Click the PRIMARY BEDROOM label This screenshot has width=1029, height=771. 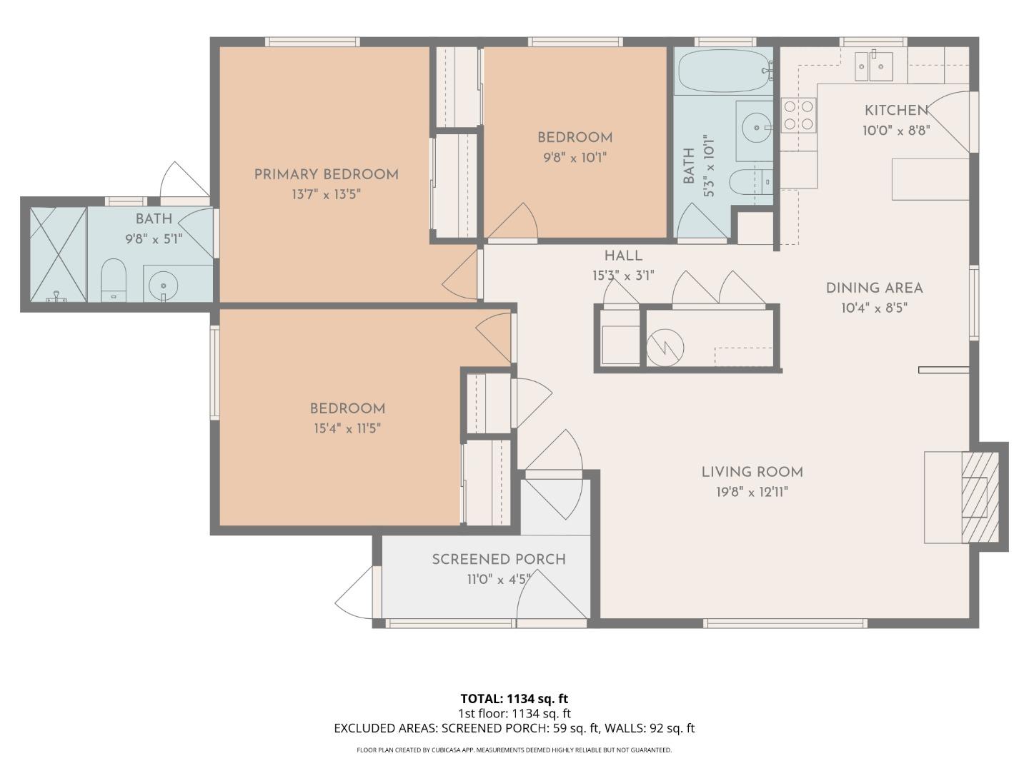326,174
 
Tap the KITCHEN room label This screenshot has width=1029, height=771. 896,110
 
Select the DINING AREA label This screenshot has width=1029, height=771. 874,288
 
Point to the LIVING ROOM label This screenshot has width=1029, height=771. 752,472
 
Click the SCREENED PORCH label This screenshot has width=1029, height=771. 499,560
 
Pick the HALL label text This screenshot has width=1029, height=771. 623,256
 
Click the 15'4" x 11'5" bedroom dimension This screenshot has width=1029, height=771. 347,428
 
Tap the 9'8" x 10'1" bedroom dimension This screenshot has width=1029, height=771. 575,157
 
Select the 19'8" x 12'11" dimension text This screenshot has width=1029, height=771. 752,492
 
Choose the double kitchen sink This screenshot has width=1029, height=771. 874,66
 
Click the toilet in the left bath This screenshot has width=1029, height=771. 113,280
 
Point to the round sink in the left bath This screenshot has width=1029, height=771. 164,286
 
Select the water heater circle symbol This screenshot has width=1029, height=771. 665,348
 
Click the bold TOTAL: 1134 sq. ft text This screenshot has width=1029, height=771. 514,699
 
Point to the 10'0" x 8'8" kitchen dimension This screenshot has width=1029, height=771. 896,131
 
